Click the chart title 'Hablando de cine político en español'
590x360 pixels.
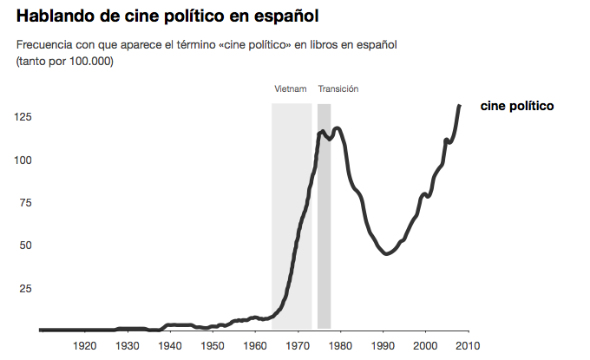coord(161,16)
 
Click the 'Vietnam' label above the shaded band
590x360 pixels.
coord(291,89)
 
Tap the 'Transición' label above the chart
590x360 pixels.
coord(338,89)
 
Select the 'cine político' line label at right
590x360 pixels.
coord(516,106)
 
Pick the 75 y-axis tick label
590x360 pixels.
coord(24,203)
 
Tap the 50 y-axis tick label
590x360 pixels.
coord(24,245)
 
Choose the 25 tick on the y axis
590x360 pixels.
coord(24,288)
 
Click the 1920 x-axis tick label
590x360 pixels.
coord(85,346)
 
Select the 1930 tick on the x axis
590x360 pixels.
coord(128,346)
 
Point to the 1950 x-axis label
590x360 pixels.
coord(213,346)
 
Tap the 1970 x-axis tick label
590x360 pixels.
coord(298,346)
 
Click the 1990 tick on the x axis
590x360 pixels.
coord(383,346)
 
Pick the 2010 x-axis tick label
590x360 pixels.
coord(468,346)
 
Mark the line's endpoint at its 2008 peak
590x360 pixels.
coord(459,106)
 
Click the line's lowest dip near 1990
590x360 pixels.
coord(386,254)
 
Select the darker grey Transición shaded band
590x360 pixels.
coord(324,217)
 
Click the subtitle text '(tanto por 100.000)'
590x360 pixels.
coord(65,61)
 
